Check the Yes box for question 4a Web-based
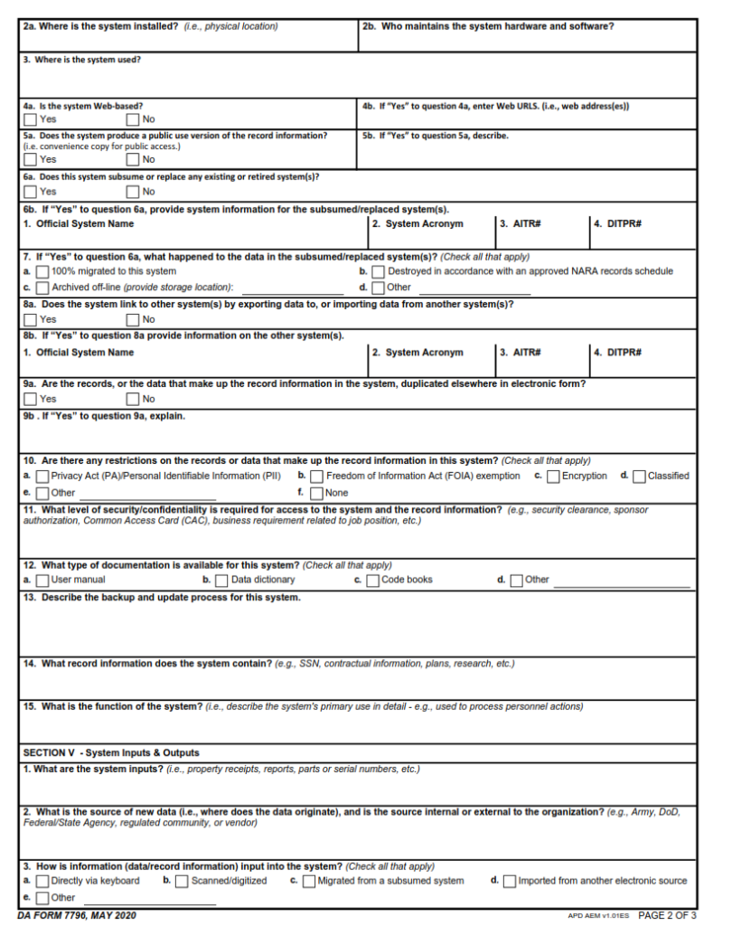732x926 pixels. (31, 119)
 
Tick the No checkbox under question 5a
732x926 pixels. (134, 160)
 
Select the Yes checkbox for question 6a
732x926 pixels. (31, 192)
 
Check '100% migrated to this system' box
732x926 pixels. (42, 271)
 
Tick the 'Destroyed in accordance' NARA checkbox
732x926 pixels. (379, 271)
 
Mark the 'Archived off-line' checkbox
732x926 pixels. (42, 288)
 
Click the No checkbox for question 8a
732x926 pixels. (134, 319)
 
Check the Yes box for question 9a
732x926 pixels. (31, 399)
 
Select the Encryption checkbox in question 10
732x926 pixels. (553, 477)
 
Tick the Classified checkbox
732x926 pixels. (640, 477)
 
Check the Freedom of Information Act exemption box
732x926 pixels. (316, 477)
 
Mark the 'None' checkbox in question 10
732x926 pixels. (316, 494)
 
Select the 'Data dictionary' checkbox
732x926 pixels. (221, 581)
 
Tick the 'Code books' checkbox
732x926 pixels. (372, 581)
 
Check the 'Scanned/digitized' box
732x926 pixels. (182, 882)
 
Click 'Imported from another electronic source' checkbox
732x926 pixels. (510, 882)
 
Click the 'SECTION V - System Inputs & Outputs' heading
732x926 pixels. (111, 752)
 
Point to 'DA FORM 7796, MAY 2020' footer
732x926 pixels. (77, 916)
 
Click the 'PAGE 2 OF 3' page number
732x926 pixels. (667, 916)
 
